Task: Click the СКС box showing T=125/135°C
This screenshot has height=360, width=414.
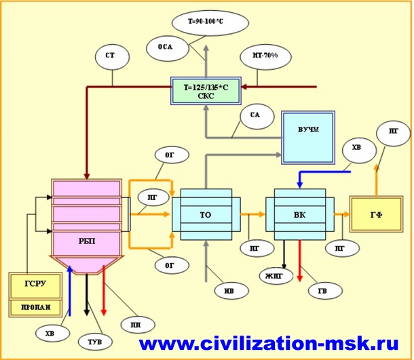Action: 204,91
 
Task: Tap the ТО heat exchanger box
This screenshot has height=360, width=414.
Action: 204,215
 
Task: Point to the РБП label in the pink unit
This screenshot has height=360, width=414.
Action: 86,241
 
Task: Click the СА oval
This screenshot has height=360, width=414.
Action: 255,116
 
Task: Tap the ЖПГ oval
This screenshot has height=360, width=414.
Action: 274,275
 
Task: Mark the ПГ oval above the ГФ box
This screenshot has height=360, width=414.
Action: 393,133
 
